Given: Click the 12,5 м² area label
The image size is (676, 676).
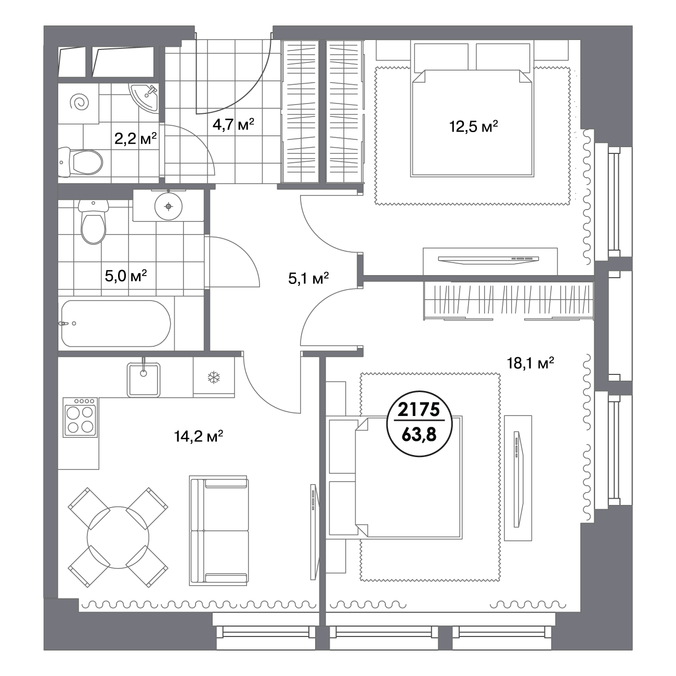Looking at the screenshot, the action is tap(473, 126).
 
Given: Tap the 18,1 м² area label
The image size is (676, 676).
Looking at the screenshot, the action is tap(530, 363).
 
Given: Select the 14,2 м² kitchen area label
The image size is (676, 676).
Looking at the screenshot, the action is tap(199, 437).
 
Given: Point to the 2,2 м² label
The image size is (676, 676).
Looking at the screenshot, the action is tap(135, 139).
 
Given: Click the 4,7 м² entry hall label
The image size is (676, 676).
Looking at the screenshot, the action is tap(233, 124).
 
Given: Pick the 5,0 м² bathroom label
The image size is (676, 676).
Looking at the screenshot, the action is tap(126, 276).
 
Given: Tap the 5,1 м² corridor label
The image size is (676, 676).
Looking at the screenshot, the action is tap(308, 278).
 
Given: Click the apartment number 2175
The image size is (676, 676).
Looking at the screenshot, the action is tap(419, 409).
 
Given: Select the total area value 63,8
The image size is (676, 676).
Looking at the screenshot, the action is tap(419, 435).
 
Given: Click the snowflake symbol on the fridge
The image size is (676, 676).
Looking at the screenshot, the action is tap(214, 378).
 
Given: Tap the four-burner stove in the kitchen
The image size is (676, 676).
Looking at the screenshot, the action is tap(80, 418).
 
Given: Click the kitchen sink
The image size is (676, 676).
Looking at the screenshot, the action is tap(144, 380).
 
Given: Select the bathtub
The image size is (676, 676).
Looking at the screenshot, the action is tap(116, 323).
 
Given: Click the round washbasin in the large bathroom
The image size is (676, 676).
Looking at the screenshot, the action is tap(168, 206).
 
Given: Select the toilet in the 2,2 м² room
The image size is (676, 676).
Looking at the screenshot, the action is tap(80, 162).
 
